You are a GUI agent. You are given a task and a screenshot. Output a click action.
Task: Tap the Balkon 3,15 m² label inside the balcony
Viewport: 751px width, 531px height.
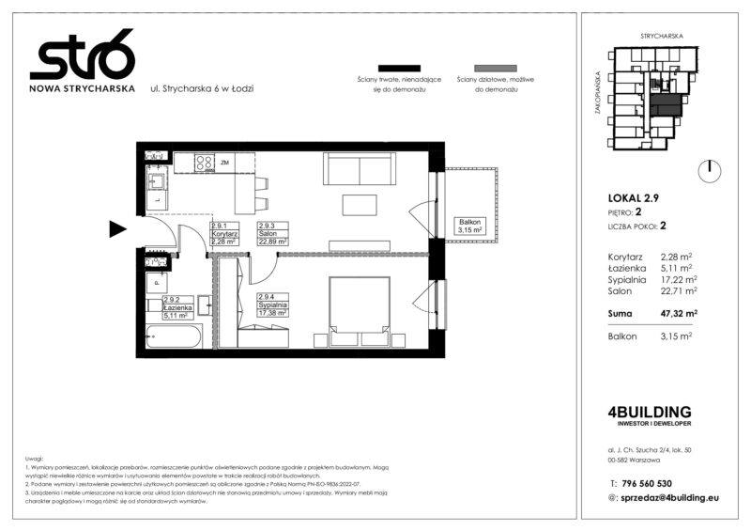pyautogui.click(x=469, y=226)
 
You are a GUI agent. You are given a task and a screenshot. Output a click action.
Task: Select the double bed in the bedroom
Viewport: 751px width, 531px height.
pyautogui.click(x=360, y=306)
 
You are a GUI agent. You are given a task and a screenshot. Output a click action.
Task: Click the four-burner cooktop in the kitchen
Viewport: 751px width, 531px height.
pyautogui.click(x=205, y=164)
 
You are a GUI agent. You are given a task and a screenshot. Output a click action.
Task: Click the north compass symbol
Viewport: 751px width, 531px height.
pyautogui.click(x=711, y=170)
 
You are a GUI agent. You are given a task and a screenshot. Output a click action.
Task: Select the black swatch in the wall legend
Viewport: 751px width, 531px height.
pyautogui.click(x=397, y=69)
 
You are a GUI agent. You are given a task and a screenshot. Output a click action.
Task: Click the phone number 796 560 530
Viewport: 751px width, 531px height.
pyautogui.click(x=656, y=482)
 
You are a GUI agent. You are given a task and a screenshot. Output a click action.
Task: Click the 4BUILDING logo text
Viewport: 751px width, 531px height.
pyautogui.click(x=650, y=412)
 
